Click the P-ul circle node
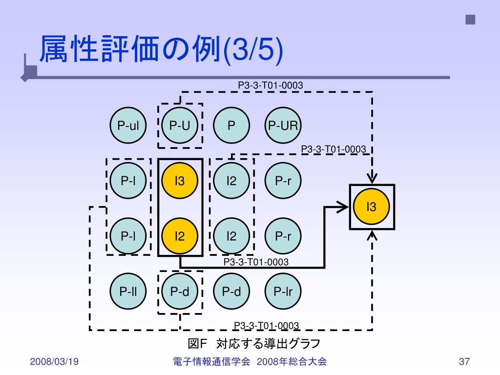tap(128, 126)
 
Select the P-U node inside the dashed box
tap(180, 126)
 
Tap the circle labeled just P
tap(231, 126)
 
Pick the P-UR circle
tap(283, 126)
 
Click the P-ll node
tap(128, 292)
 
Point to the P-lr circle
tap(283, 292)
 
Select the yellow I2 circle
tap(180, 237)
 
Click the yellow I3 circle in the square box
tap(372, 207)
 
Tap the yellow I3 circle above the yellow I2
tap(180, 181)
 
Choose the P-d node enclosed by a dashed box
tap(180, 292)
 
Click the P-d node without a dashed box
tap(231, 292)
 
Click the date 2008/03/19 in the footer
tap(54, 362)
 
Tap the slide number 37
tap(464, 362)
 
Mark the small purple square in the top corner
tap(470, 20)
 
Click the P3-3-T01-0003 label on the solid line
tap(256, 262)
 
